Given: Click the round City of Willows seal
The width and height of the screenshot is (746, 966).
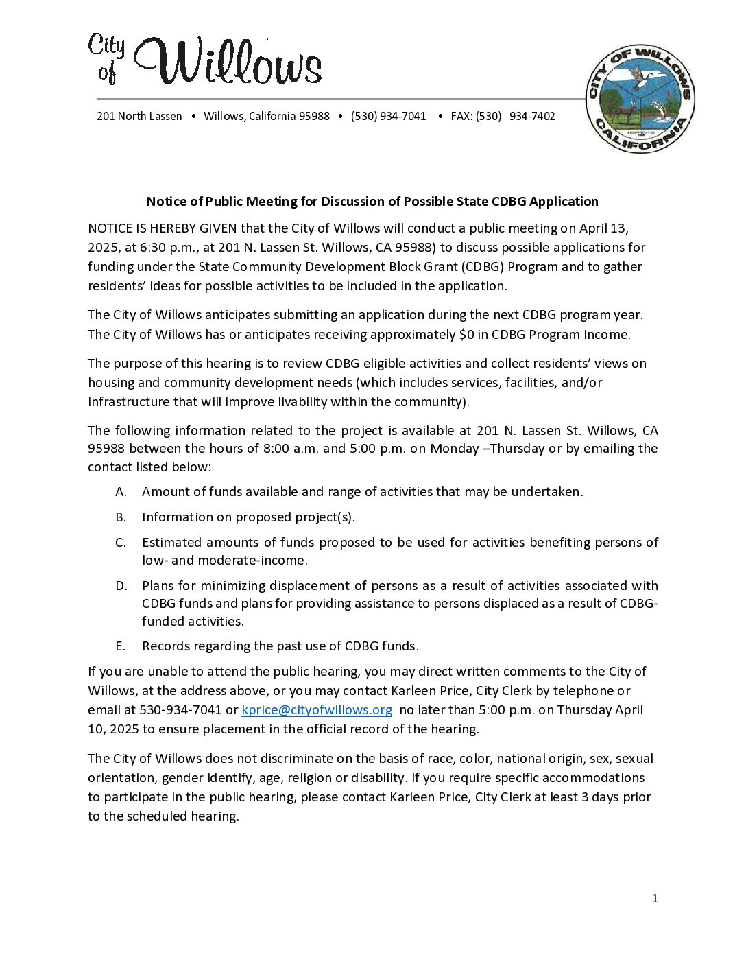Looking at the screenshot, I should point(640,99).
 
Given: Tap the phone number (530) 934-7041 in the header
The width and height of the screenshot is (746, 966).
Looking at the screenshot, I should point(388,117).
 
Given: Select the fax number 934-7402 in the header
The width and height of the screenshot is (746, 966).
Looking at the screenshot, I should point(532,117).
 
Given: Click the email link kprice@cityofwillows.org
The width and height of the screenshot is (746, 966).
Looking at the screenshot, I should point(317,710).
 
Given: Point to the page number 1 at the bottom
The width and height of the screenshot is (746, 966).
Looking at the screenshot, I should point(655,899).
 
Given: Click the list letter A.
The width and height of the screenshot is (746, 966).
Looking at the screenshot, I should point(121,492).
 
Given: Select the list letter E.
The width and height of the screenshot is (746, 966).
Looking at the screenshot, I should point(121,646).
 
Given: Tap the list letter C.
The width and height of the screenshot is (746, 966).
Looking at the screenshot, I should point(121,543).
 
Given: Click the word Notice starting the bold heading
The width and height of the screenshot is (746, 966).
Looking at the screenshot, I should point(165,202).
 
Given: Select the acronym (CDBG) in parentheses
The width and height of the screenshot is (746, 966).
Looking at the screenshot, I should point(482,267).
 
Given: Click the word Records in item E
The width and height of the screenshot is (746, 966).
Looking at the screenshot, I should point(165,646).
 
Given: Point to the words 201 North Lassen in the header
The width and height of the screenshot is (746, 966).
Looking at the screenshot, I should point(139,117).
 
